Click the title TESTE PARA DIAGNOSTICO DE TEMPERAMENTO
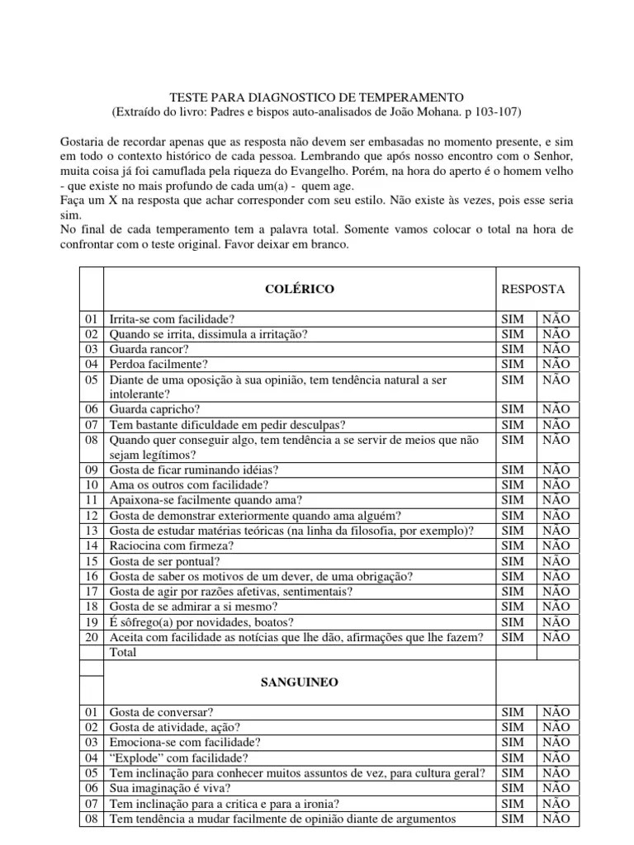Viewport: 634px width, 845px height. (317, 97)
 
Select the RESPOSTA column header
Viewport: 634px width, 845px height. (533, 289)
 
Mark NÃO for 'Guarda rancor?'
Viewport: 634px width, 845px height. (556, 349)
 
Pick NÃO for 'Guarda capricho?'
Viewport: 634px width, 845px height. (556, 408)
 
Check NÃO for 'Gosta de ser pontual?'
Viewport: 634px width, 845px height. (556, 561)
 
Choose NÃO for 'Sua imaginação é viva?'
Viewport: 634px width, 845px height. (556, 788)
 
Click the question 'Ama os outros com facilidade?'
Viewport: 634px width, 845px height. (189, 485)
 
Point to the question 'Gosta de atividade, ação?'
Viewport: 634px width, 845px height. (176, 727)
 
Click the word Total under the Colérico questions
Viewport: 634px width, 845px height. (123, 652)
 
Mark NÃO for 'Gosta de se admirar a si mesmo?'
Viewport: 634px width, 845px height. (556, 607)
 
